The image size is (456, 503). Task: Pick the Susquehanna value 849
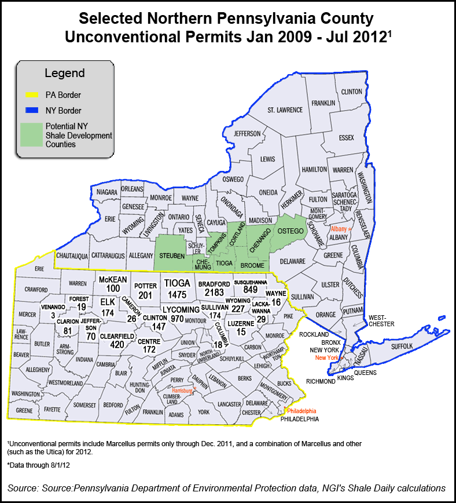tap(250, 290)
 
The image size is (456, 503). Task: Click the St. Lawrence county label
tap(285, 110)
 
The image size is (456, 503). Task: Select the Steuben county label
tap(172, 256)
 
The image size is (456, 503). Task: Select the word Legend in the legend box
tap(64, 74)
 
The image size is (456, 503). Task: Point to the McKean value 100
tap(109, 288)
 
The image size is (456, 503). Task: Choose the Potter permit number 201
tap(145, 295)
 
